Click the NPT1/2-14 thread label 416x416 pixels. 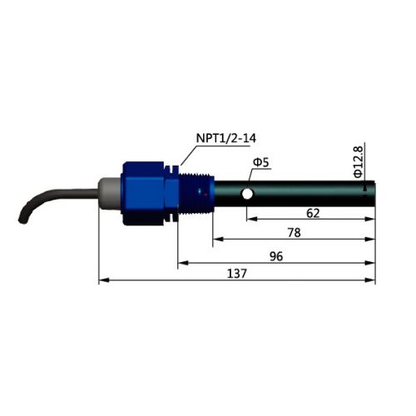coord(226,138)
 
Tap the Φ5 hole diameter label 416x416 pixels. coord(261,162)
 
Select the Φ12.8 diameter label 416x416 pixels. coord(359,162)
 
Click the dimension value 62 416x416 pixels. coord(313,213)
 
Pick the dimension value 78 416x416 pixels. coord(295,233)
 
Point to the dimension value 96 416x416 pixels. coord(276,256)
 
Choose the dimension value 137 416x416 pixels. coord(237,274)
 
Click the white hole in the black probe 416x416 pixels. coord(247,194)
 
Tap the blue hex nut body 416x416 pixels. coord(144,194)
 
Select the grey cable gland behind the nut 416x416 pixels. coord(110,193)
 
